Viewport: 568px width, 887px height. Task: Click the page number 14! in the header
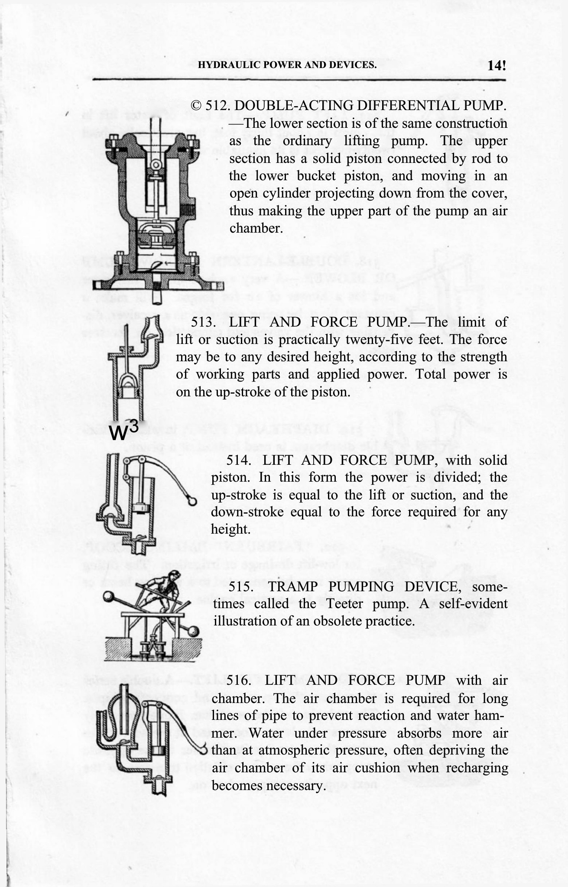pyautogui.click(x=496, y=66)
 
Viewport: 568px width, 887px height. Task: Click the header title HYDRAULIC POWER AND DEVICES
pyautogui.click(x=287, y=65)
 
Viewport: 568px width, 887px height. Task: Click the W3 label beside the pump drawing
pyautogui.click(x=124, y=431)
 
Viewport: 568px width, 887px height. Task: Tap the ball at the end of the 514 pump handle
pyautogui.click(x=191, y=501)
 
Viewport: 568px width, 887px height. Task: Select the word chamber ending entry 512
pyautogui.click(x=256, y=228)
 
